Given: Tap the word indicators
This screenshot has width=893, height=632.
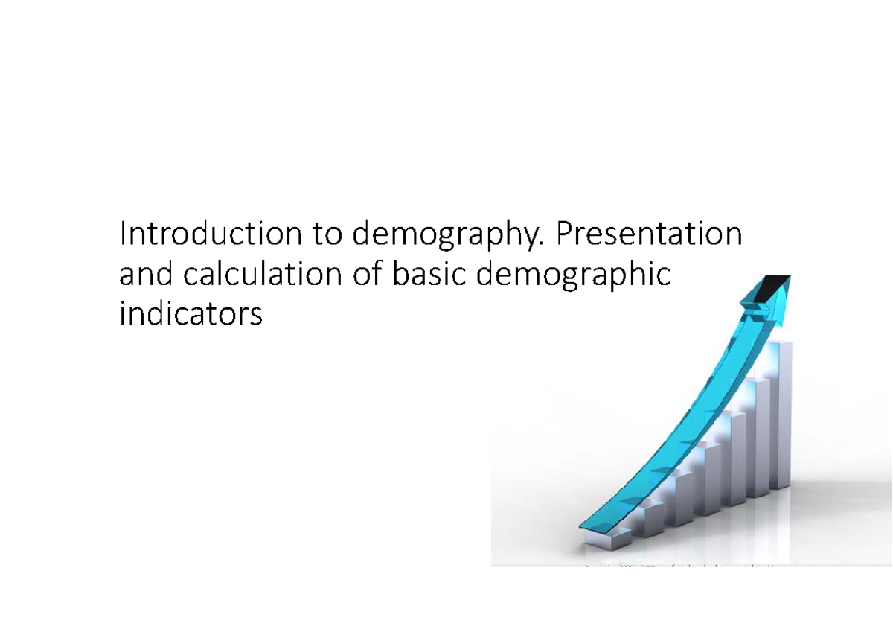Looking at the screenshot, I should coord(191,315).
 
